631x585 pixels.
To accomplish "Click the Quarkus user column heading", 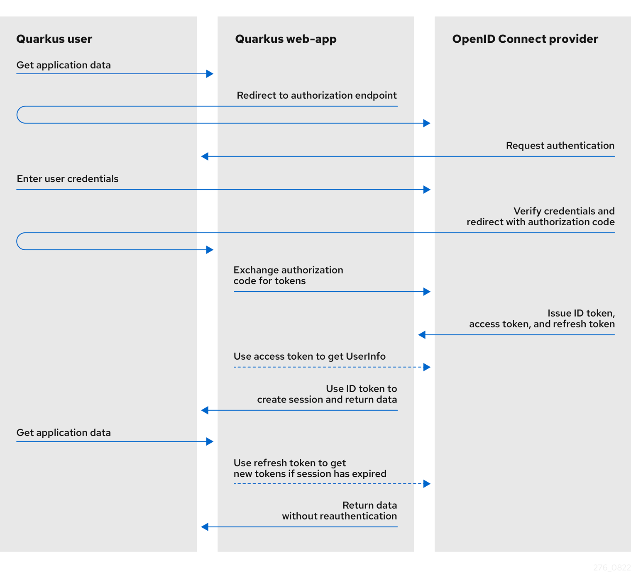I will pyautogui.click(x=54, y=39).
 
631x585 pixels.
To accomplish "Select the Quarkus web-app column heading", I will pyautogui.click(x=286, y=39).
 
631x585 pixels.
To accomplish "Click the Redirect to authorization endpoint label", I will pyautogui.click(x=316, y=95).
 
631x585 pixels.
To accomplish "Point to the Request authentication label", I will pyautogui.click(x=560, y=146).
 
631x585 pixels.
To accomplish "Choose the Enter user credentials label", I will pyautogui.click(x=67, y=179).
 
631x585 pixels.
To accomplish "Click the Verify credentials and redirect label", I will pyautogui.click(x=541, y=217).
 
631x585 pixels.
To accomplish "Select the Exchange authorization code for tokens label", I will pyautogui.click(x=288, y=275).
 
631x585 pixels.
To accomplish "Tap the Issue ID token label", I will pyautogui.click(x=542, y=319).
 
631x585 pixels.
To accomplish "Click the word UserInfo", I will pyautogui.click(x=365, y=356).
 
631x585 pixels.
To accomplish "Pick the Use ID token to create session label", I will pyautogui.click(x=327, y=394).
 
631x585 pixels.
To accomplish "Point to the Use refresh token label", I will pyautogui.click(x=310, y=468).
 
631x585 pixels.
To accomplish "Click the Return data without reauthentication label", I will pyautogui.click(x=339, y=511).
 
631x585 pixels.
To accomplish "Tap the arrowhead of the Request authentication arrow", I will pyautogui.click(x=205, y=156).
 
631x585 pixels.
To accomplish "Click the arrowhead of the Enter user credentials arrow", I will pyautogui.click(x=427, y=190).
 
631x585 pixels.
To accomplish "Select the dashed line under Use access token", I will pyautogui.click(x=328, y=367).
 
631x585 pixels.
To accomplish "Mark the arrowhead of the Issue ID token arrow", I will pyautogui.click(x=422, y=335).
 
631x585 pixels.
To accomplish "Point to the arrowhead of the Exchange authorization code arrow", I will pyautogui.click(x=427, y=292).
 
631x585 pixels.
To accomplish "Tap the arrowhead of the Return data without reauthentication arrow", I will pyautogui.click(x=205, y=527).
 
